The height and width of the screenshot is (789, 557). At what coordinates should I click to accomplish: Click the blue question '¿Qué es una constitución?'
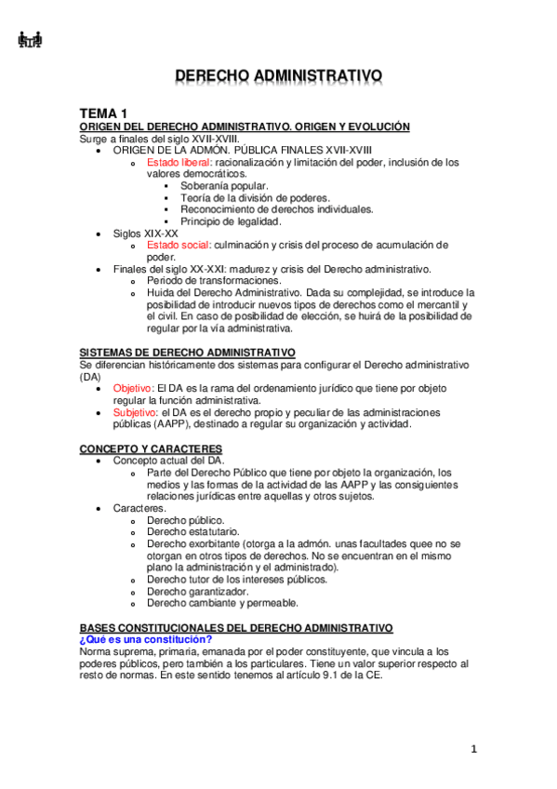point(146,638)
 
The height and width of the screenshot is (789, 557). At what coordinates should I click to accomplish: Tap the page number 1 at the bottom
point(473,749)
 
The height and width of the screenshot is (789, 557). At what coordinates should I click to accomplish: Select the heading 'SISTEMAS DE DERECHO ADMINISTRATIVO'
point(188,352)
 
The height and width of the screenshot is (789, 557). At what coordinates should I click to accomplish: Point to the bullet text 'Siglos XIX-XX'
point(145,233)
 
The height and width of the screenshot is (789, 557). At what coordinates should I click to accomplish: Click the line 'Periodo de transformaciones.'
point(214,280)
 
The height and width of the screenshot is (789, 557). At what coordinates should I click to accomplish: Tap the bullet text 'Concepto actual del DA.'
point(168,460)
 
